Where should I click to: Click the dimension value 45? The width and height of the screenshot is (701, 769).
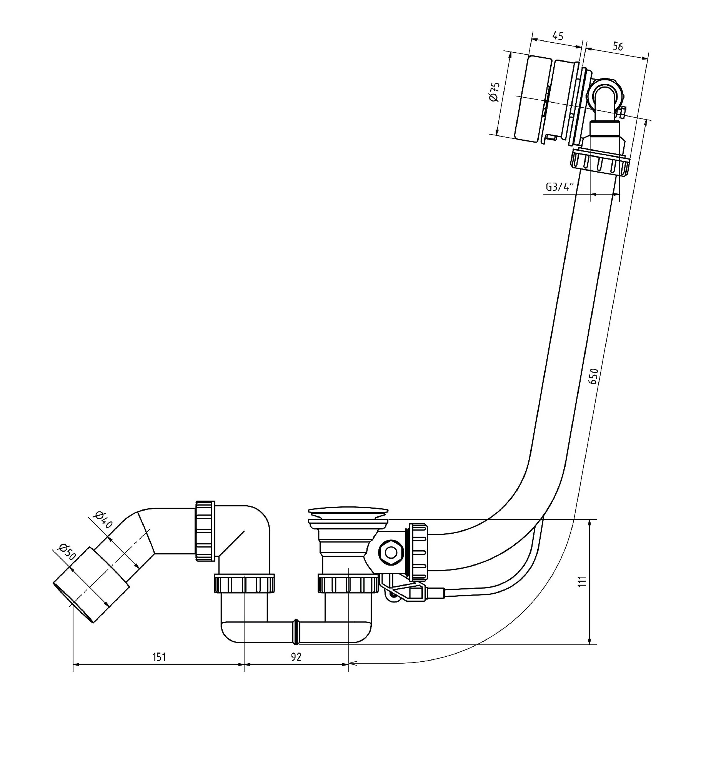point(558,36)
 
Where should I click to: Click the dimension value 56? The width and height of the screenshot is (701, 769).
point(617,47)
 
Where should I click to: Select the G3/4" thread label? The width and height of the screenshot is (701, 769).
point(559,187)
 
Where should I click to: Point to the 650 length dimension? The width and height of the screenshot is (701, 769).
point(593,376)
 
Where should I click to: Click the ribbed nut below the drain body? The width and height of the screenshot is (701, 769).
point(348,588)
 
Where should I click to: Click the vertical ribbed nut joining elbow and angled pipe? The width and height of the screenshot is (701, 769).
point(205,531)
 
